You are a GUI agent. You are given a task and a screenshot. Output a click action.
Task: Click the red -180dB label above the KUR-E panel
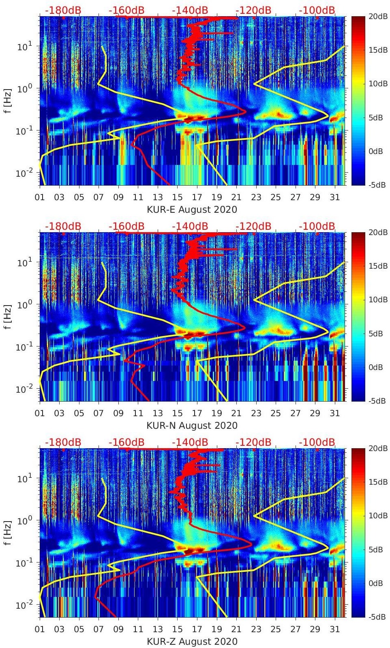pos(63,10)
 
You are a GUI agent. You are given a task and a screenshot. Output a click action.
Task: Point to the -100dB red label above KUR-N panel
pos(317,226)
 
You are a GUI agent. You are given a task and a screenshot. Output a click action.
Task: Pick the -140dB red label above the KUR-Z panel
pos(190,442)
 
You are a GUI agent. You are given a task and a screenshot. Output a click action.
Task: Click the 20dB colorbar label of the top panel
pos(378,16)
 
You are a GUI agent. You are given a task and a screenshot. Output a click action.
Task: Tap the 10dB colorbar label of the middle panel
pos(378,299)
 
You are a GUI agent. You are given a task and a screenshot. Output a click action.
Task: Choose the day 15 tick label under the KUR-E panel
pos(177,197)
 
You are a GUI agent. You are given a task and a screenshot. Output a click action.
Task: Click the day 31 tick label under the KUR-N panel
pos(334,413)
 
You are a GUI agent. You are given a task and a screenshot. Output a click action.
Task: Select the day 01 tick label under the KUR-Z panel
pos(40,629)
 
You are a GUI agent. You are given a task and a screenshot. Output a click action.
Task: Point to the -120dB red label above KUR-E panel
pos(253,10)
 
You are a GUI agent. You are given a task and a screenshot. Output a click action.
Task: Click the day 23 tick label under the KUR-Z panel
pos(256,629)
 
